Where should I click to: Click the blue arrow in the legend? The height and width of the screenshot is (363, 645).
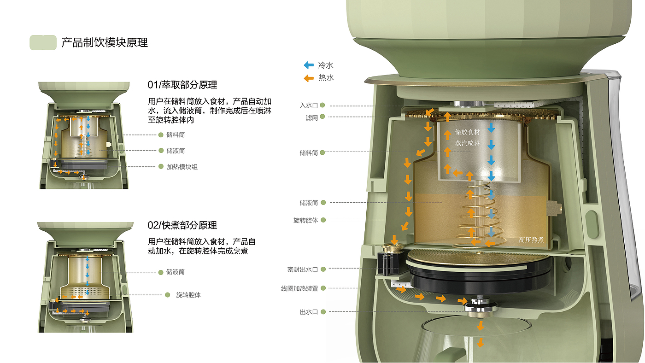point(309,65)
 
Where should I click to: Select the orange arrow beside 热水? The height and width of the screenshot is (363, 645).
point(309,78)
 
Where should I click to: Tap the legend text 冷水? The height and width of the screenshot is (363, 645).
point(326,65)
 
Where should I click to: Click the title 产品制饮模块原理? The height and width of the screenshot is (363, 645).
point(105,42)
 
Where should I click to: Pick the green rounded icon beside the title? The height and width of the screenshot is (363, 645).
point(43,42)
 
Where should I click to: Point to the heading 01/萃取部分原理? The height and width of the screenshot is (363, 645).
point(182,85)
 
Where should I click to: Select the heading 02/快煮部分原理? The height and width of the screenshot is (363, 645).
point(182,225)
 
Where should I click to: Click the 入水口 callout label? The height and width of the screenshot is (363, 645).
point(309,105)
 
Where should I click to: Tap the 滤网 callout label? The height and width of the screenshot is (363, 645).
point(312,118)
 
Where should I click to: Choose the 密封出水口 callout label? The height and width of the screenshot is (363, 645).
point(303,270)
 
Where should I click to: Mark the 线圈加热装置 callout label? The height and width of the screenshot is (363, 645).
point(299,288)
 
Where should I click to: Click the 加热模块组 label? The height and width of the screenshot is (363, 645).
point(182,167)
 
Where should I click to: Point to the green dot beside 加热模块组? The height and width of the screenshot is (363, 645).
point(161,166)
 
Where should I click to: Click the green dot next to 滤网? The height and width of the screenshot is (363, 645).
point(322,117)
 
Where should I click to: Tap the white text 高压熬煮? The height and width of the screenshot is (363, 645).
point(531,240)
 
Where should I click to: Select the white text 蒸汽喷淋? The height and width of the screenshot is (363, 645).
point(468,143)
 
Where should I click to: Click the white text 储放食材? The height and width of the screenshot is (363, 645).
point(468,132)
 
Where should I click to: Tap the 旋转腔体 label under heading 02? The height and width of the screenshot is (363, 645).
point(188,295)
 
